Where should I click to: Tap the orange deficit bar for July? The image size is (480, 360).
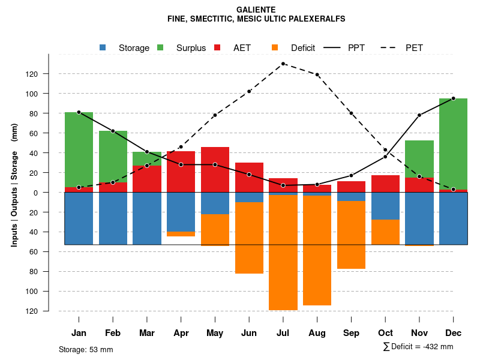283,252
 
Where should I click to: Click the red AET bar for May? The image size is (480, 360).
215,169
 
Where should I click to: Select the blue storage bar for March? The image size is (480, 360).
147,218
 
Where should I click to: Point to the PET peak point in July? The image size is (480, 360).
283,64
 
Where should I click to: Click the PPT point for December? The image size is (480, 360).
453,98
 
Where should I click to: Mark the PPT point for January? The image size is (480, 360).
79,112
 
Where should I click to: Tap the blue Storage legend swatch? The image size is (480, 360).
103,47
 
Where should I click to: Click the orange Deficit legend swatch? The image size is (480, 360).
275,47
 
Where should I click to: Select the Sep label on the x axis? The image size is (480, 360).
351,333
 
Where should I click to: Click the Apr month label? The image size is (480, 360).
181,333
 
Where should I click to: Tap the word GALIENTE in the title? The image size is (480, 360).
256,10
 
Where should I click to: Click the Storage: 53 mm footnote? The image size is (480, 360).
86,349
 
